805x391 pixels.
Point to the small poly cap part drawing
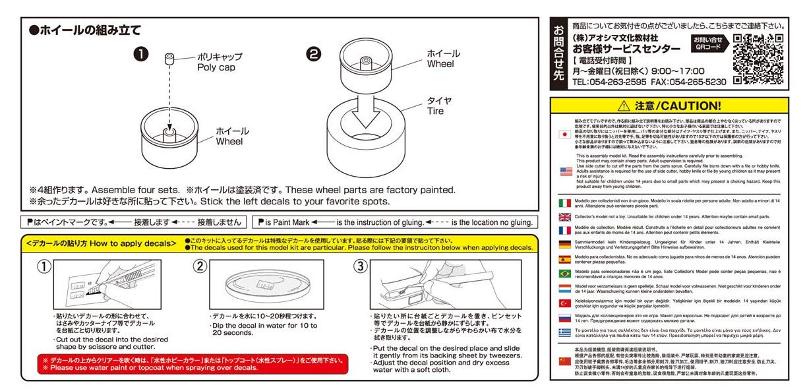pos(169,61)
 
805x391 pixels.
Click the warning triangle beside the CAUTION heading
pos(623,106)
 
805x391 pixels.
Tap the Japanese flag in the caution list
pos(564,133)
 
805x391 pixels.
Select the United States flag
pos(565,171)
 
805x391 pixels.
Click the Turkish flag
pos(565,303)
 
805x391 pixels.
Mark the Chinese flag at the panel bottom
pos(565,361)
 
